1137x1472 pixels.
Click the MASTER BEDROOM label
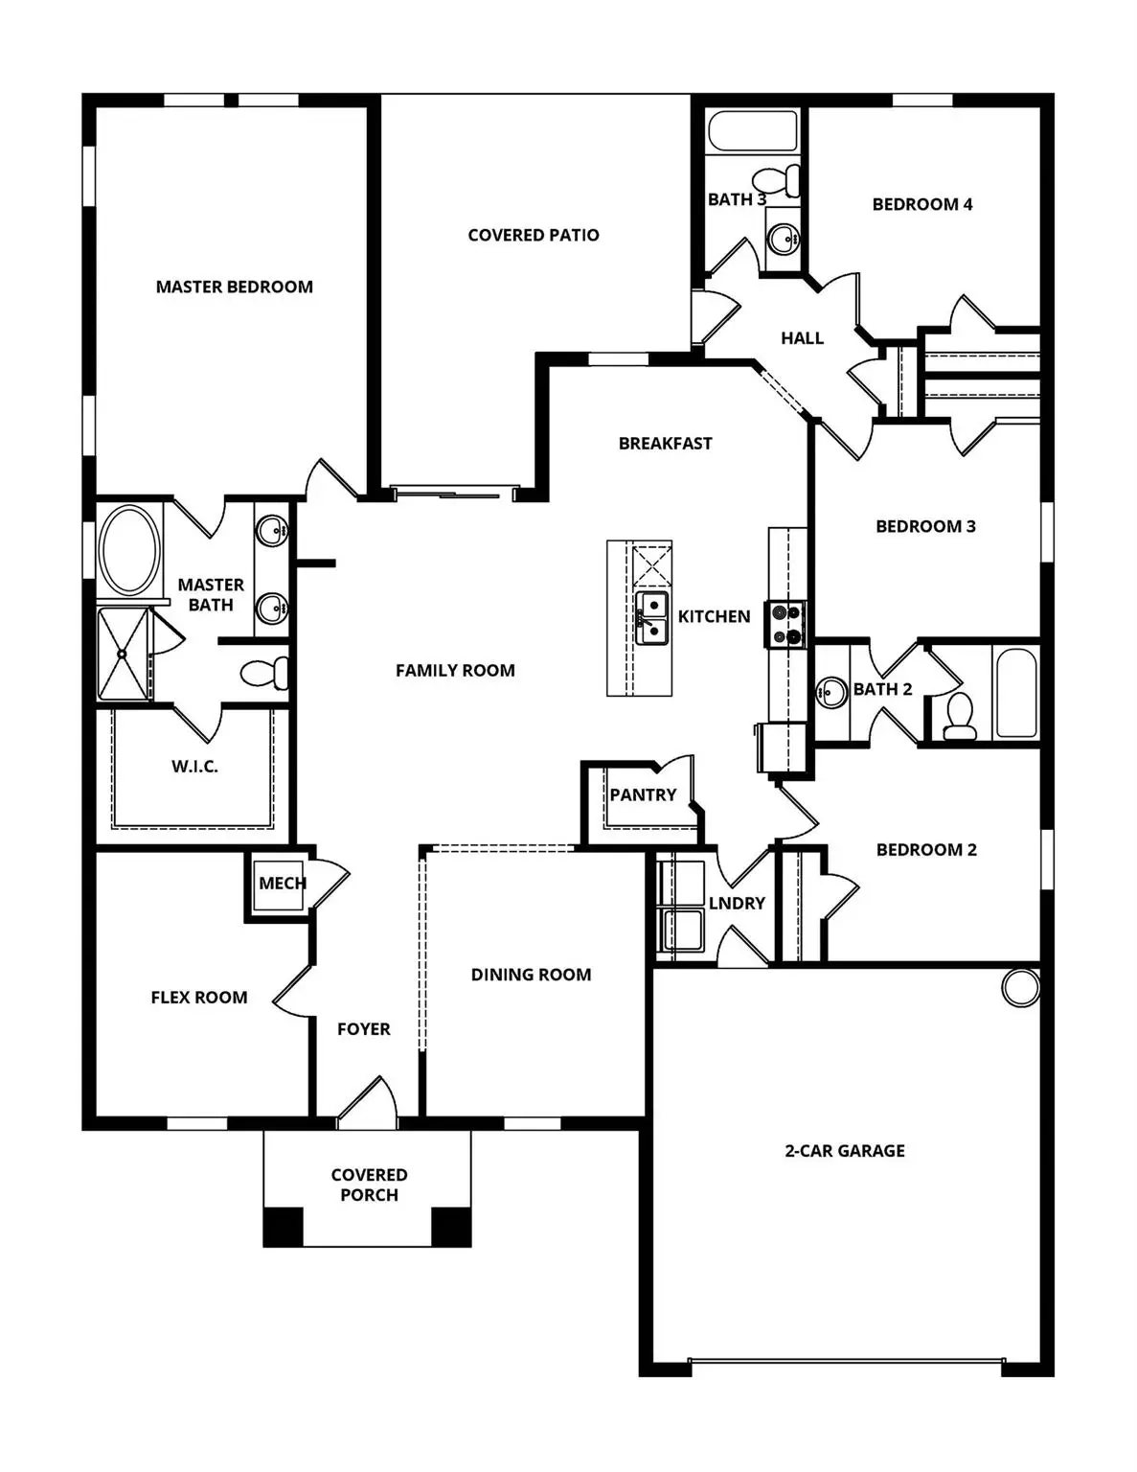coord(234,287)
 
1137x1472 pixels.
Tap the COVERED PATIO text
coord(533,235)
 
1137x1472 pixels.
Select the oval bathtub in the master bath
coord(130,551)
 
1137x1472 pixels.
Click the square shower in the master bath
coord(124,654)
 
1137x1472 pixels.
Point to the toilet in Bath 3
coord(777,179)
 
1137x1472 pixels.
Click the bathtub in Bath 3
coord(752,131)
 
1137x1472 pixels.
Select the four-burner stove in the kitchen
coord(786,624)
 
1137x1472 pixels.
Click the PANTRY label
coord(643,794)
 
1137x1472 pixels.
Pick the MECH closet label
coord(282,883)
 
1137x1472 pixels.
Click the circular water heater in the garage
coord(1021,987)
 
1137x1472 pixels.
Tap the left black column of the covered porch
coord(283,1227)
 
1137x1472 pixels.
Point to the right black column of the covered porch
coord(451,1227)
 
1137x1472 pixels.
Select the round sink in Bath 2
coord(830,691)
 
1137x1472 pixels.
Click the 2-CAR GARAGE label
coord(844,1150)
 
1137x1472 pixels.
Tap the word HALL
coord(802,337)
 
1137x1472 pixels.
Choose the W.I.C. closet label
coord(194,766)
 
